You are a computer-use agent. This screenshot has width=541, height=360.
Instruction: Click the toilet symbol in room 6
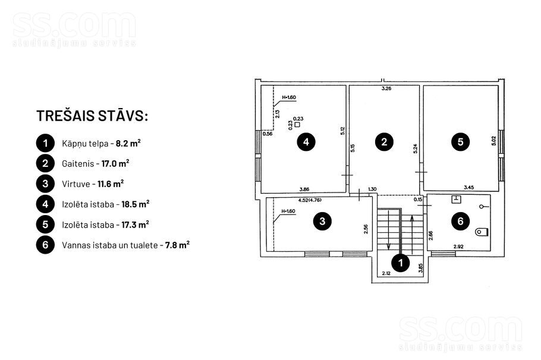[x=482, y=232]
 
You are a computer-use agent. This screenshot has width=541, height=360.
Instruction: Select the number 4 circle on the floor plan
[x=306, y=142]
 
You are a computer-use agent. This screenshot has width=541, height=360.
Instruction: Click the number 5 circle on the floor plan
[x=460, y=142]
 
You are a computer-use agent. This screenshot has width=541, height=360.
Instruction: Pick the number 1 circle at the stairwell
[x=401, y=263]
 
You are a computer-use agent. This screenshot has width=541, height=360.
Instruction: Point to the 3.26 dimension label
[x=386, y=89]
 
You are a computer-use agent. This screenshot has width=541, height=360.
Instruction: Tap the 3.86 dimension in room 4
[x=304, y=189]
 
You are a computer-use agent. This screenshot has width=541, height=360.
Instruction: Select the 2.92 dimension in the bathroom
[x=458, y=247]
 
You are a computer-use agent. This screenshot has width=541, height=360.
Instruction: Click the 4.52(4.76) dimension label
[x=310, y=200]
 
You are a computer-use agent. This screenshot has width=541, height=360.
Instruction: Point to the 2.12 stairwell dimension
[x=386, y=273]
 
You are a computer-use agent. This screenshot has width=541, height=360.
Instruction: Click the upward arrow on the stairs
[x=411, y=235]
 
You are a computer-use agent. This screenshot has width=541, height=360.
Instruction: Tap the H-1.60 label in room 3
[x=288, y=211]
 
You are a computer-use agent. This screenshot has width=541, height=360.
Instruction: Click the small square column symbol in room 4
[x=297, y=125]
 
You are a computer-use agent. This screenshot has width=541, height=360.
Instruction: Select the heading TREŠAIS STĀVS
[x=92, y=115]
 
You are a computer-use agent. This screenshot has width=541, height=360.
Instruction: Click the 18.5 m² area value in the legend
[x=136, y=204]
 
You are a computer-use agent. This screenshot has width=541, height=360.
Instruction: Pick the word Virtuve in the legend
[x=76, y=184]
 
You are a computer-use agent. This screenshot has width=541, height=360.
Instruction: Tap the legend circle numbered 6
[x=45, y=245]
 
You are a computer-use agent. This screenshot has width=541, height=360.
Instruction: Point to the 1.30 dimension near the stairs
[x=372, y=189]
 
